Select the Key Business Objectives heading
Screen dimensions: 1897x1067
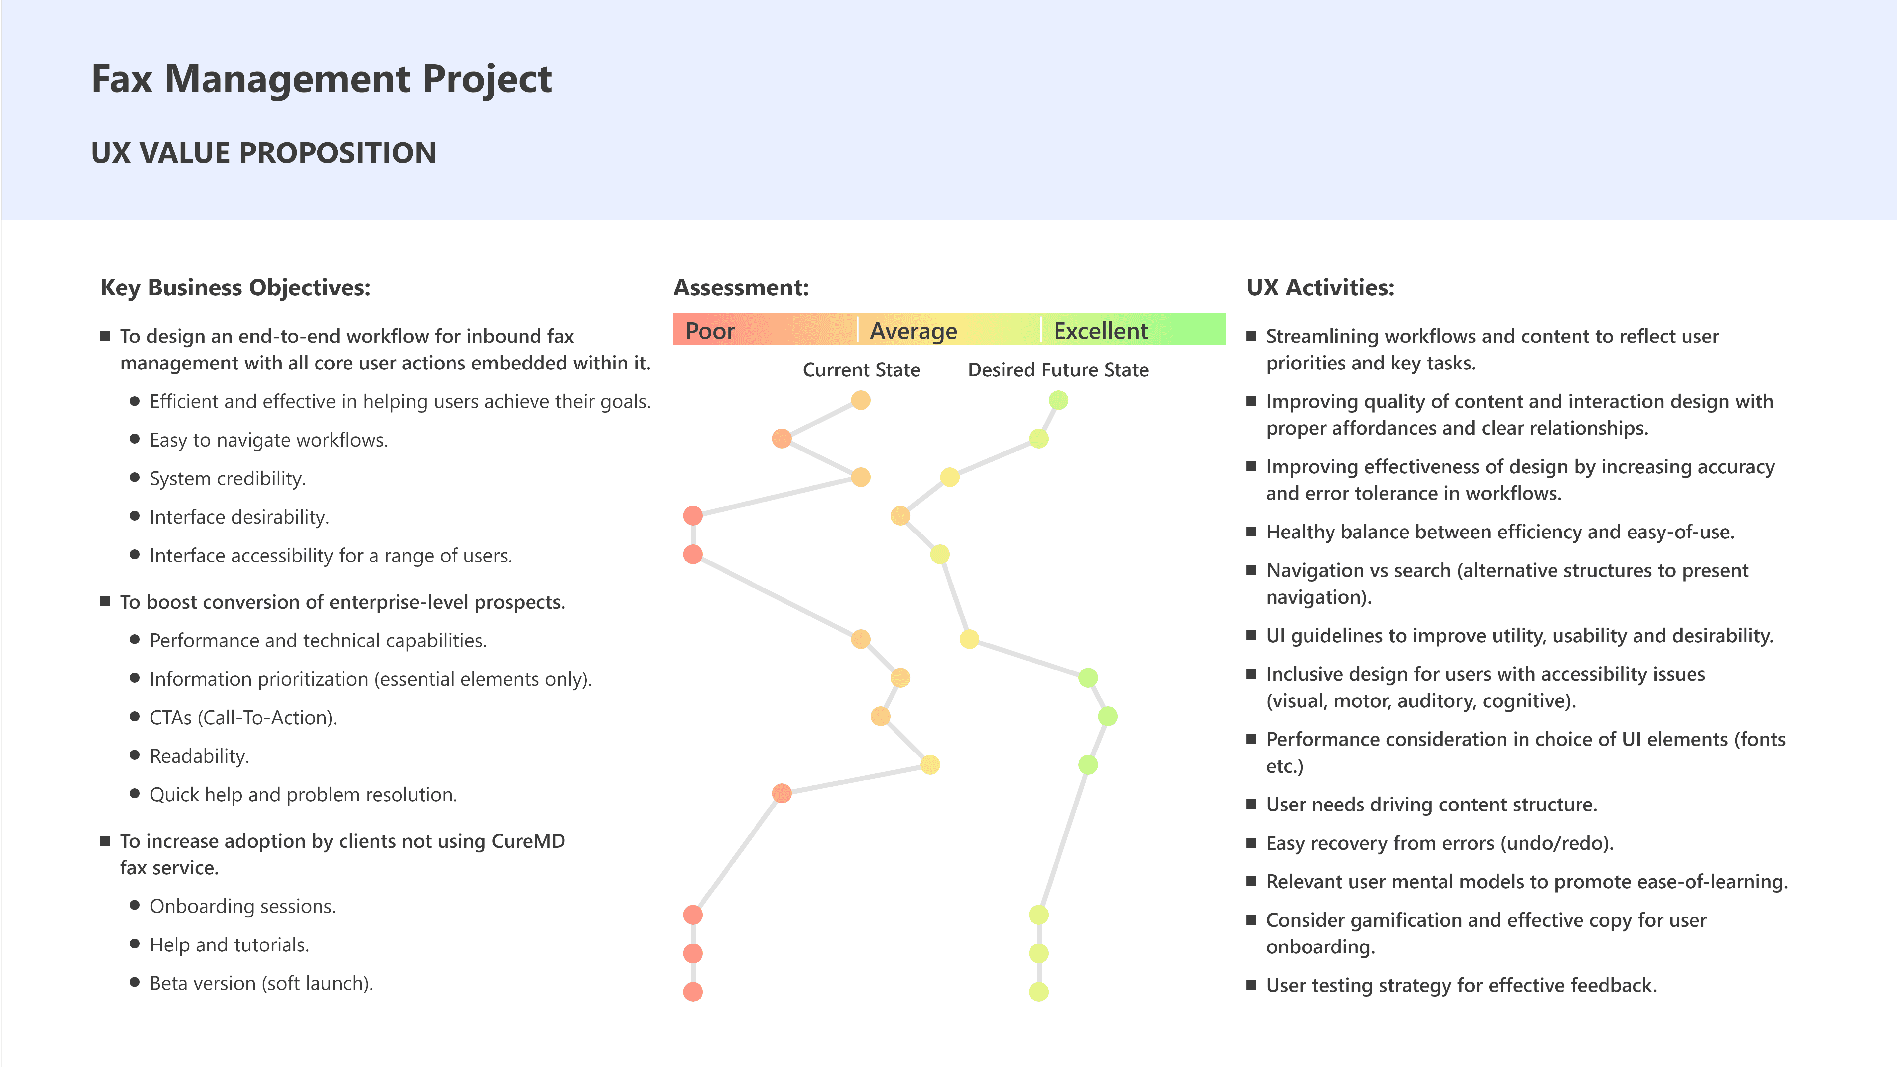235,287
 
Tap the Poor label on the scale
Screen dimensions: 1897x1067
710,331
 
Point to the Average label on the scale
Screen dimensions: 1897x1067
913,331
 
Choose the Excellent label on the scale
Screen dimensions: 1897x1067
1100,331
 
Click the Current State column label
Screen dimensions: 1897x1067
861,369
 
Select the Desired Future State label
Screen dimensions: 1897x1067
1058,369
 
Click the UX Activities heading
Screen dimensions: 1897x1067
1320,287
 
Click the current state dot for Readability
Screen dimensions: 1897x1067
930,764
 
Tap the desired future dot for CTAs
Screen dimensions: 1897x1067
1108,716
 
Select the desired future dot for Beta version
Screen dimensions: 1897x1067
1038,992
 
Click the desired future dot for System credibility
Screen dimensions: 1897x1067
950,477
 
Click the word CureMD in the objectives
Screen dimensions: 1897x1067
528,841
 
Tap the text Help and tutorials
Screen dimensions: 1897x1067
229,945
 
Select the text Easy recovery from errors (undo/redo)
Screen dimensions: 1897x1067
1439,843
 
